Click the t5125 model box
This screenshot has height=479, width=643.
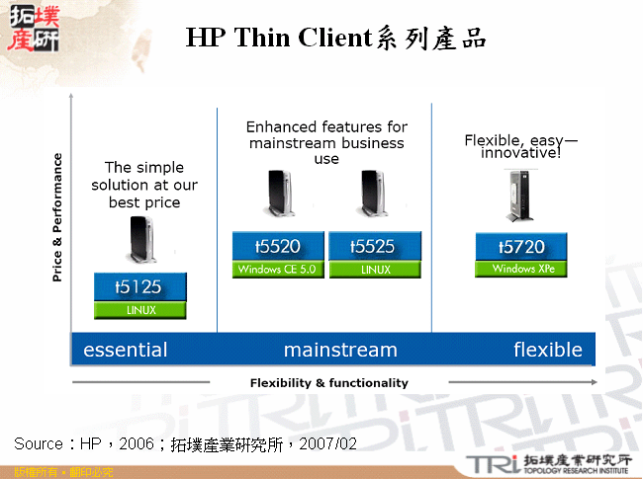(x=139, y=287)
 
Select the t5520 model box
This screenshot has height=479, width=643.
(x=278, y=247)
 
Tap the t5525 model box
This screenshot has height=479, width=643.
(x=375, y=247)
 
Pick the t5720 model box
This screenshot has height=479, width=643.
(x=521, y=247)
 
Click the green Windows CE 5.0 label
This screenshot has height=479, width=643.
(x=278, y=270)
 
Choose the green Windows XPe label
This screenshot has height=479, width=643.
(x=521, y=269)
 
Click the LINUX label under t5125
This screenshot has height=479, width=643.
(x=139, y=310)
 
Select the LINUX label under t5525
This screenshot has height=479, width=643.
(x=375, y=270)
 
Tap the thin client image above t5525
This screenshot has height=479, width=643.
(x=373, y=195)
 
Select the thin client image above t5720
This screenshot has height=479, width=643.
(x=521, y=195)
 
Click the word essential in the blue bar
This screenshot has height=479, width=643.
(x=126, y=350)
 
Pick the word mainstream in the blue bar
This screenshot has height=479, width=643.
(x=340, y=350)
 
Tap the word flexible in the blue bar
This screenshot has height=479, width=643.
(x=547, y=350)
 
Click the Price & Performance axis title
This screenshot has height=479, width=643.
(x=57, y=217)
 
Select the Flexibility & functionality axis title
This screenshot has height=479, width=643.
(x=329, y=383)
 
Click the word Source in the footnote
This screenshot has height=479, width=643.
(x=39, y=443)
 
